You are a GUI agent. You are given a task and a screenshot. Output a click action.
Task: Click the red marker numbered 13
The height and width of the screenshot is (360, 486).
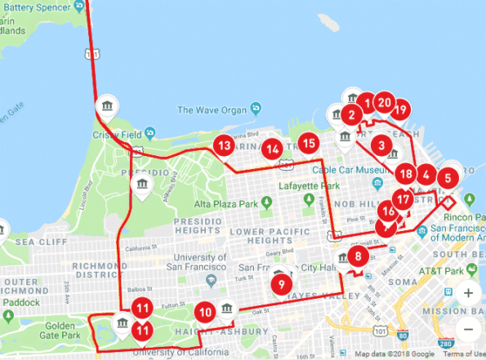223,146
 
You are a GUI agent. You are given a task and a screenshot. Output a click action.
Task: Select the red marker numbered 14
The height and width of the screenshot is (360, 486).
273,149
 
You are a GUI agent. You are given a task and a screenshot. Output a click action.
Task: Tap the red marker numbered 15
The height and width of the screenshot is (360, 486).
307,144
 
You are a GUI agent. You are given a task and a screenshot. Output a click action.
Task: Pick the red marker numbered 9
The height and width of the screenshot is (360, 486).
281,284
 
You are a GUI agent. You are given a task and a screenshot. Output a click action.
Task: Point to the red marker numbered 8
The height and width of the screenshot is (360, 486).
356,256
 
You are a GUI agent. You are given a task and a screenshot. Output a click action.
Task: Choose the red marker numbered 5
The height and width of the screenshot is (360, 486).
447,176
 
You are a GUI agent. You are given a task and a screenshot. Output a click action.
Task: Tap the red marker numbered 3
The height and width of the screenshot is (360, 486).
381,145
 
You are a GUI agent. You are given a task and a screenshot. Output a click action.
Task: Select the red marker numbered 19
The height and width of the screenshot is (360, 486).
399,109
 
